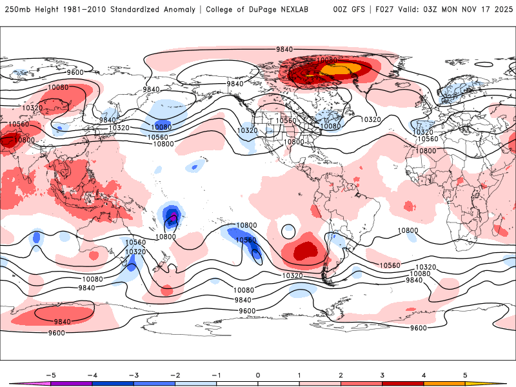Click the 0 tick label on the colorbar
[258, 374]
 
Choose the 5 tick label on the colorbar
[465, 374]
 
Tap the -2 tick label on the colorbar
[175, 374]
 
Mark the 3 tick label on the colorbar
[382, 374]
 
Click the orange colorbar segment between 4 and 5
[444, 383]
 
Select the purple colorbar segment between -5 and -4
[71, 383]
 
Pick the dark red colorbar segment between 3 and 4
[403, 383]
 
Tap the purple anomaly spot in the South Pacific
[173, 219]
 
